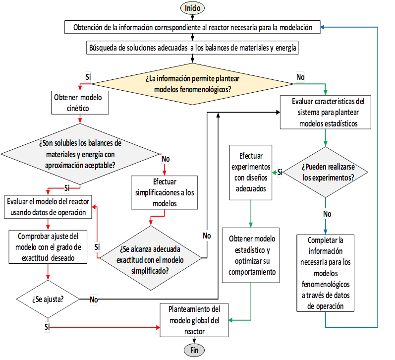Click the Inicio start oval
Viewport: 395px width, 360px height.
point(192,8)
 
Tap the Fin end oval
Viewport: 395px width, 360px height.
point(194,350)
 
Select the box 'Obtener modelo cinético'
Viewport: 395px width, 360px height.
point(80,103)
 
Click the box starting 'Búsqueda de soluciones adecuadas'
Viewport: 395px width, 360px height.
point(192,48)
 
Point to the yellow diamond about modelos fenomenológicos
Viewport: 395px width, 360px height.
point(192,84)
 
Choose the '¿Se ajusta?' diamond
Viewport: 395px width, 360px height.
point(48,299)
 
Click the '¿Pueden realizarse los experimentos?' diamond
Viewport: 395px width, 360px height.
point(326,172)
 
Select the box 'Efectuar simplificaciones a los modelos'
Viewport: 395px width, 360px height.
point(164,192)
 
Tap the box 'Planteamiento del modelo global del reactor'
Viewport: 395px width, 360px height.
point(194,320)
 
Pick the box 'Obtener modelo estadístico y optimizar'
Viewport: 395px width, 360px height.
point(251,255)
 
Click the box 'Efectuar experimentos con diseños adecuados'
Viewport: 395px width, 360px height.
point(251,173)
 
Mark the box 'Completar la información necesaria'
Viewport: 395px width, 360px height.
point(325,273)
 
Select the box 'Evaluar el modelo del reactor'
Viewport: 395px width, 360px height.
point(48,207)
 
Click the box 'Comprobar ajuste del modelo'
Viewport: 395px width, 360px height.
point(48,247)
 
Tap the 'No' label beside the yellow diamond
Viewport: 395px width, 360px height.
point(300,77)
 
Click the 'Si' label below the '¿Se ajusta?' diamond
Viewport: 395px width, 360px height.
point(47,327)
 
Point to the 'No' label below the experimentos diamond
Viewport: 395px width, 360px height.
point(327,214)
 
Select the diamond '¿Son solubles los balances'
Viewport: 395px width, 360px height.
point(80,154)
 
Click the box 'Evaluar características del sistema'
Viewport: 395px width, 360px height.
point(326,112)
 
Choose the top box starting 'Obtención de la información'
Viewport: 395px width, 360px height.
point(192,27)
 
